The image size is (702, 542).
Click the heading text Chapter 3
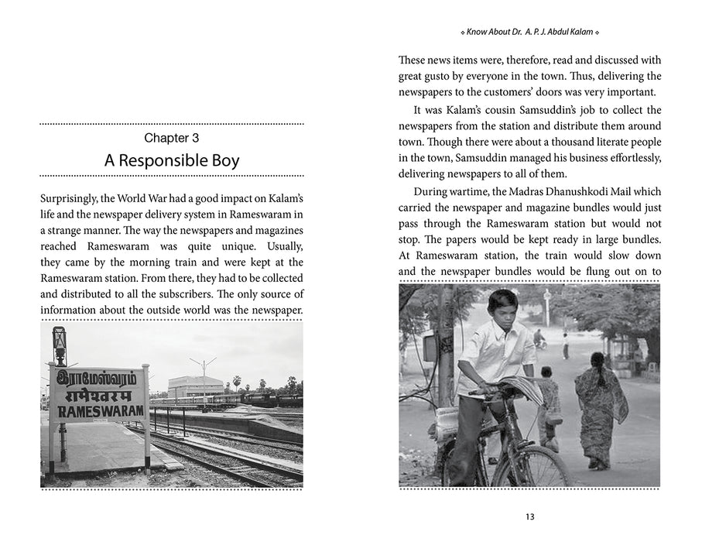pos(172,138)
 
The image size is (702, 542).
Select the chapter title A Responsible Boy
pos(172,161)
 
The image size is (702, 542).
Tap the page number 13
pos(529,516)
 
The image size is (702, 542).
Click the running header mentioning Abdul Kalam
pos(529,33)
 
